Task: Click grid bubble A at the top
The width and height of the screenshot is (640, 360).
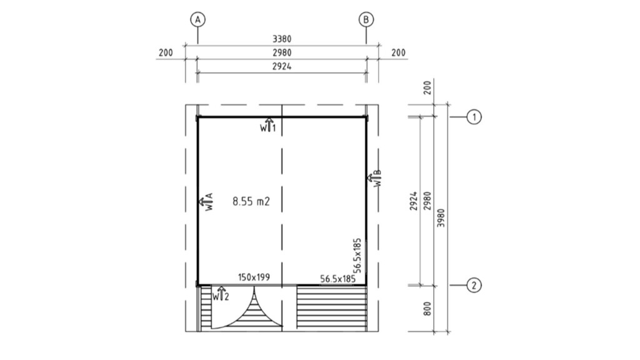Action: [x=197, y=19]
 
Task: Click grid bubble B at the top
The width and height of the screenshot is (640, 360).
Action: [x=366, y=19]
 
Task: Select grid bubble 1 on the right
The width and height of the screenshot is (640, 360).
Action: [x=474, y=117]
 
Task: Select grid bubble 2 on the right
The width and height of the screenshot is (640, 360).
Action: [x=474, y=285]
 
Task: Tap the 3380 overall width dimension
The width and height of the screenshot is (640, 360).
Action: [x=282, y=39]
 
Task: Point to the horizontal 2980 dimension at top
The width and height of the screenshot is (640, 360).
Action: [x=282, y=52]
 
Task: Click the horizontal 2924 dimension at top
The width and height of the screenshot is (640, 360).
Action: [x=282, y=66]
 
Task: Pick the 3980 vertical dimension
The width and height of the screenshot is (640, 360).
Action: [x=441, y=218]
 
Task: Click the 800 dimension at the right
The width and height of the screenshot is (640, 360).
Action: [x=427, y=309]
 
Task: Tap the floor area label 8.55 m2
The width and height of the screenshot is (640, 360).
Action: [x=251, y=201]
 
